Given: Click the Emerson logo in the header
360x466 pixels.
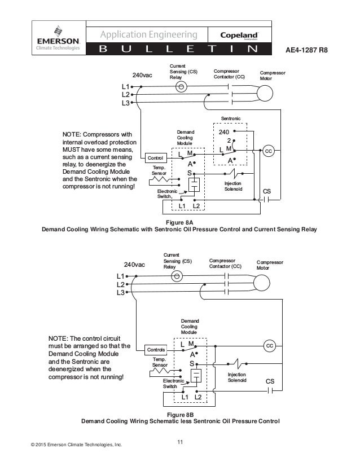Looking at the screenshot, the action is (58, 38).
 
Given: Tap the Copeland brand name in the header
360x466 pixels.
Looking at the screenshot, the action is (239, 35).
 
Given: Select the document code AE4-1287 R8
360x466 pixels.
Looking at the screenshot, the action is (306, 50).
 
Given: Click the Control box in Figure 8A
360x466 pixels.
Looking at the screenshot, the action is (156, 158).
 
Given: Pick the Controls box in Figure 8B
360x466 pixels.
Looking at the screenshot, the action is (156, 350).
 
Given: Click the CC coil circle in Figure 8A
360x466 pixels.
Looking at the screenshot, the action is (268, 151).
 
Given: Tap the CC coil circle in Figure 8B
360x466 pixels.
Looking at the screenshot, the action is (269, 346).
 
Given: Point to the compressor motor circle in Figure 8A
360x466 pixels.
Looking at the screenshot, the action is (265, 93).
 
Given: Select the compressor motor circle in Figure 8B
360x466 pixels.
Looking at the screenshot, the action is (262, 283).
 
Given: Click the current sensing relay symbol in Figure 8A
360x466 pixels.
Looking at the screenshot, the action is (181, 87).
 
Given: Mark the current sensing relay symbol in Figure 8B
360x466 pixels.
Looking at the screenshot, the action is (177, 276).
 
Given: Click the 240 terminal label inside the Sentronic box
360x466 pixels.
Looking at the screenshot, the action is (224, 132).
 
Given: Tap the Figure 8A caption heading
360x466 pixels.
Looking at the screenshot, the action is (179, 223).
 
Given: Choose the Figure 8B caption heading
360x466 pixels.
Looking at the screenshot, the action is (180, 415).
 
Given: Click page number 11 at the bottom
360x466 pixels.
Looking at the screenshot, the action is (180, 442).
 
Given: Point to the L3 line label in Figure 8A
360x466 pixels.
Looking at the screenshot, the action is (125, 103).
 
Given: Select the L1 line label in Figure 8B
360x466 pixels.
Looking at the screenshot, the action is (120, 276).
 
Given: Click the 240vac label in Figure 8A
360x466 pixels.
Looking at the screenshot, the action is (142, 75).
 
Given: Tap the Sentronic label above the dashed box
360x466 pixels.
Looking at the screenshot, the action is (231, 118).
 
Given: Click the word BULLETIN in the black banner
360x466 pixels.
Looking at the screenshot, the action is (178, 49).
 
